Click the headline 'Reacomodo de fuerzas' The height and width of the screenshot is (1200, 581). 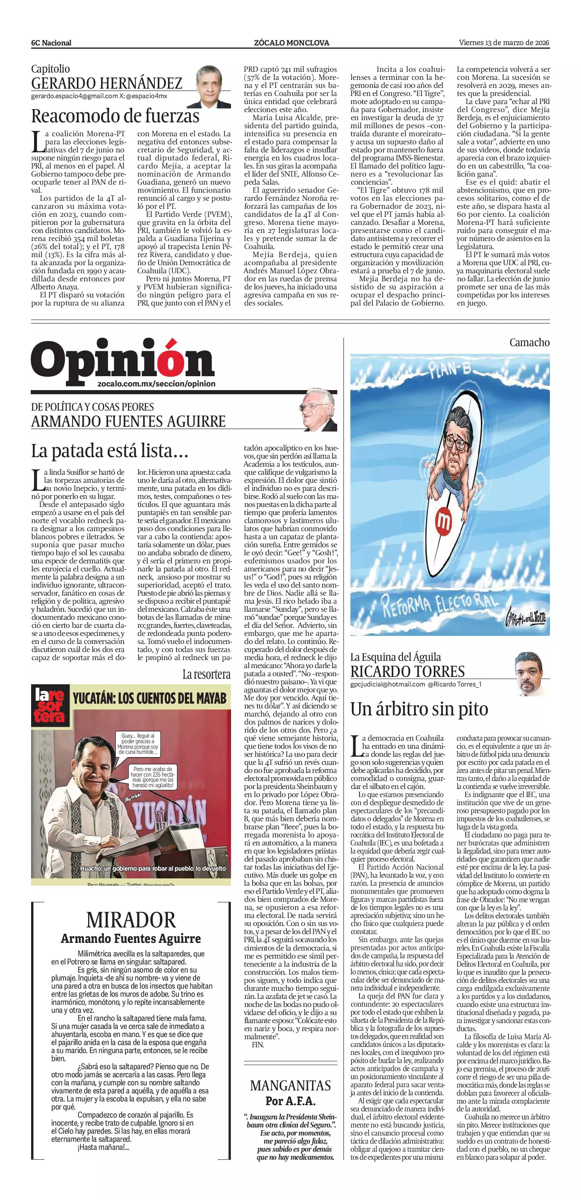[x=115, y=115]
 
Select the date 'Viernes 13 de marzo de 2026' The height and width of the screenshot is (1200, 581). [x=504, y=42]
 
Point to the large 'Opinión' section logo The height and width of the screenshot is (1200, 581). [x=122, y=361]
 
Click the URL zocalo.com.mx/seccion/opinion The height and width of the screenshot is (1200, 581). [x=157, y=384]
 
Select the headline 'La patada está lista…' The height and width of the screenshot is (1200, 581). [x=109, y=451]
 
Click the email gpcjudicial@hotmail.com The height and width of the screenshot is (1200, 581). [x=387, y=684]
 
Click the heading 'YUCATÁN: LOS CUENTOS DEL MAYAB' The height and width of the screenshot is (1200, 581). [x=149, y=698]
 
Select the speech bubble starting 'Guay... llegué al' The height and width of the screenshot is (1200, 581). [x=139, y=744]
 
